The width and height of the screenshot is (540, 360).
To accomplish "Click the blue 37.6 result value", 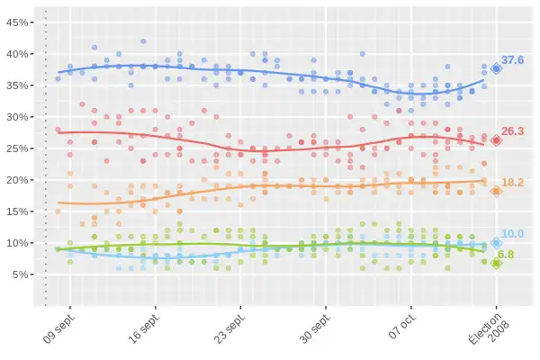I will click(x=513, y=59).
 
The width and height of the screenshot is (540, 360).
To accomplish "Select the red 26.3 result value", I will click(x=513, y=130).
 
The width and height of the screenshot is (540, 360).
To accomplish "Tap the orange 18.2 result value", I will click(x=513, y=182).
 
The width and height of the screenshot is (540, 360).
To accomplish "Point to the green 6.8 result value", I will click(x=506, y=255).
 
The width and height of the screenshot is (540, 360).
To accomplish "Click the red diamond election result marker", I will click(x=496, y=140).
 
